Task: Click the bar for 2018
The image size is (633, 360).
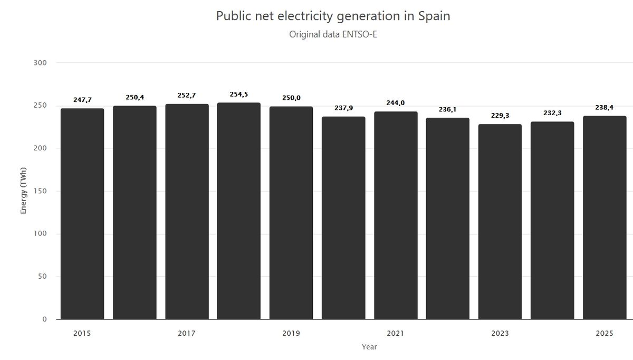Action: [x=238, y=211]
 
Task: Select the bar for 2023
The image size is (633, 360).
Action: [x=500, y=222]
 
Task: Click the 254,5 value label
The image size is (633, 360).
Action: [x=238, y=94]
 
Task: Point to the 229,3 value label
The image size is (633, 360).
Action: [x=500, y=115]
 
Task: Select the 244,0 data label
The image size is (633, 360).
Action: [x=395, y=103]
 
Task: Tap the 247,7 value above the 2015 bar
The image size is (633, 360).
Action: [x=82, y=99]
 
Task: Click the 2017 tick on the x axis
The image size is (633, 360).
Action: [x=187, y=334]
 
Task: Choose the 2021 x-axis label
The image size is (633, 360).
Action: [x=395, y=334]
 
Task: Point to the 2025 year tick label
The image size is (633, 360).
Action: [x=605, y=334]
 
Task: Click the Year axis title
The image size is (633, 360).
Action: [x=369, y=347]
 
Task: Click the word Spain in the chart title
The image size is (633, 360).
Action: [x=434, y=16]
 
